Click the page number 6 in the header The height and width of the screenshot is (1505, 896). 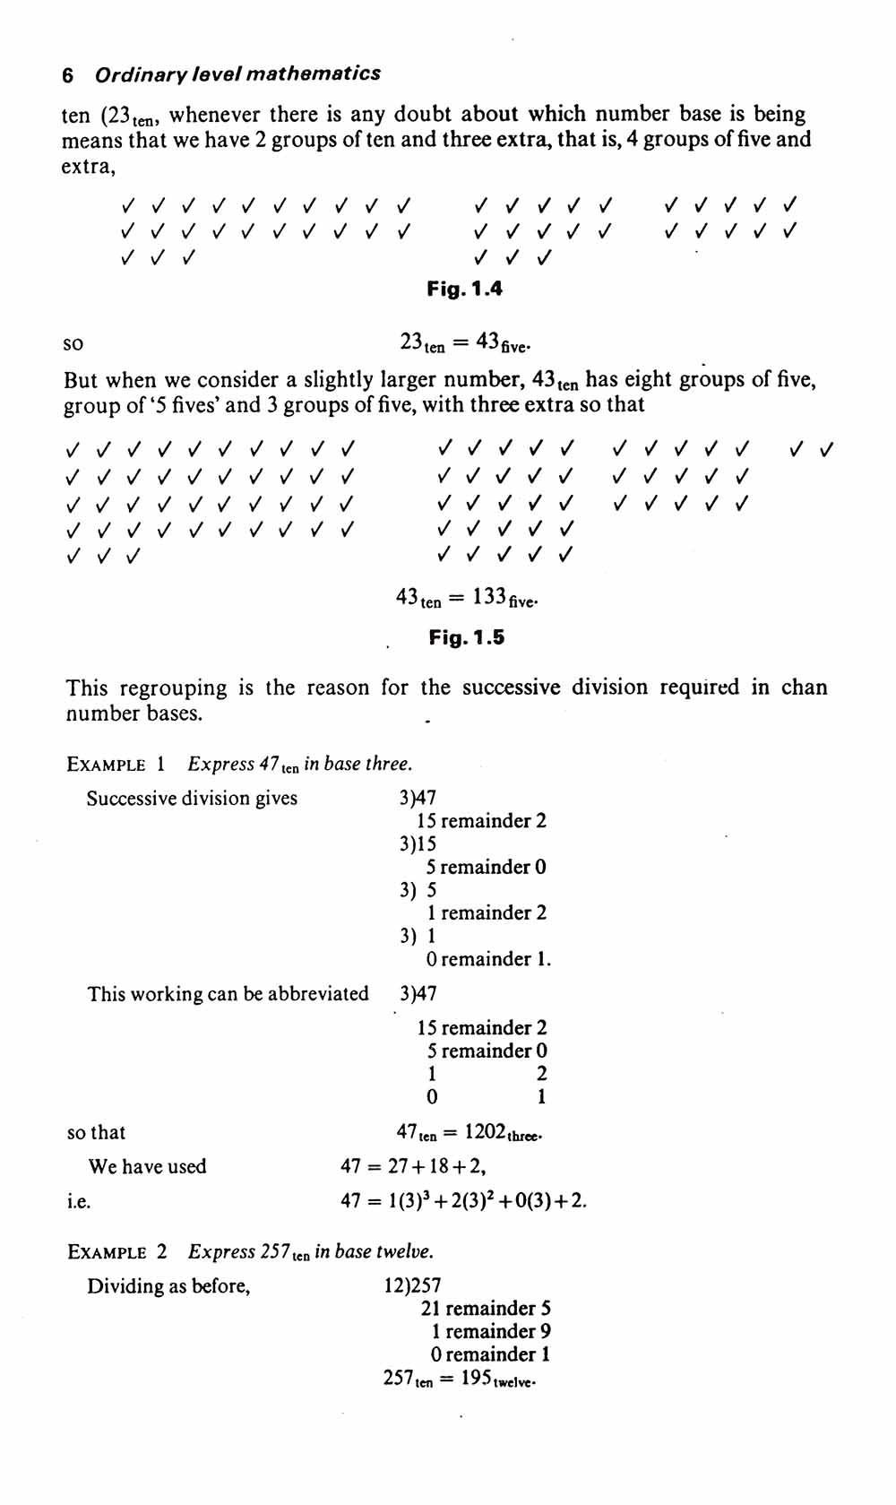tap(68, 75)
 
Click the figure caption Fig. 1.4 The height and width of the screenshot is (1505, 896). tap(464, 289)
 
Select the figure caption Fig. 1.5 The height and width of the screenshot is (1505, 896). tap(466, 637)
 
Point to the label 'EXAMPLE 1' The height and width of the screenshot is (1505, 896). tap(116, 765)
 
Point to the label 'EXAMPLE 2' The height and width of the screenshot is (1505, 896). tap(117, 1252)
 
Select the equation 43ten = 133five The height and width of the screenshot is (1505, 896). tap(467, 597)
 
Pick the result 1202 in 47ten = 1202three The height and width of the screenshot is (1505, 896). tap(486, 1132)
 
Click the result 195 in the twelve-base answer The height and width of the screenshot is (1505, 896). tap(476, 1378)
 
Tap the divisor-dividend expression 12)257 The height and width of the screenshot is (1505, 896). tap(412, 1286)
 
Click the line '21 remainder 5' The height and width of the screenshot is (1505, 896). tap(486, 1309)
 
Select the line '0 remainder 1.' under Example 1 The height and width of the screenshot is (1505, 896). tap(489, 959)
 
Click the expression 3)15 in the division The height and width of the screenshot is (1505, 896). tap(418, 843)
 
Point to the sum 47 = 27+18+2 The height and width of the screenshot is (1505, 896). tap(413, 1166)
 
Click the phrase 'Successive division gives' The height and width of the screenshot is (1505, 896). tap(192, 798)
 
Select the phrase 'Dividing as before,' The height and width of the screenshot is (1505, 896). tap(168, 1286)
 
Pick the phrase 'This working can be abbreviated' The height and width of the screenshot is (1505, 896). tap(228, 993)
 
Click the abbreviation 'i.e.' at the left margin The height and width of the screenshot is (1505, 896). tap(79, 1201)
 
